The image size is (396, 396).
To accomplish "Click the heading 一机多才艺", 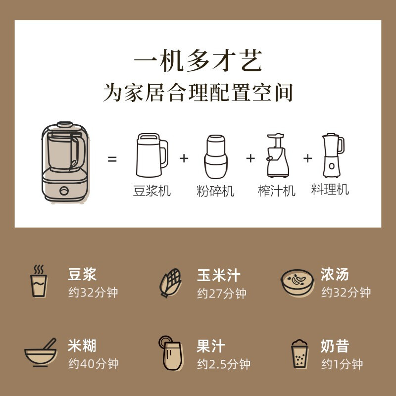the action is point(198,61).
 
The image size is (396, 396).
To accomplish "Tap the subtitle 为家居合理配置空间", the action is point(198,93).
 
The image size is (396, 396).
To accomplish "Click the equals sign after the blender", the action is point(112,159).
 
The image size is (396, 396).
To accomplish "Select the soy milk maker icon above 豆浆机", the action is point(152,155).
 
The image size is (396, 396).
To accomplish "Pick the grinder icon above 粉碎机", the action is point(216,156).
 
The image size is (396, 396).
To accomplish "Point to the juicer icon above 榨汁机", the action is point(278,155).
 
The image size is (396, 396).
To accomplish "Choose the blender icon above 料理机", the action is point(333,155).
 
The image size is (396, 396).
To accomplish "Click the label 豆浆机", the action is point(152,191).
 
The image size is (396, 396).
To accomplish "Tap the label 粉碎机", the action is point(215,191).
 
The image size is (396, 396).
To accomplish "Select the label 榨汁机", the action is point(277,191).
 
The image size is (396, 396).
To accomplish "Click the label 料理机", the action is point(330,190).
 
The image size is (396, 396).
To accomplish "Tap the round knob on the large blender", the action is point(64,191).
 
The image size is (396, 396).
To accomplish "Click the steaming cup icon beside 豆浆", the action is point(39,281).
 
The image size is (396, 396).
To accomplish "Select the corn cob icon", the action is point(170,283).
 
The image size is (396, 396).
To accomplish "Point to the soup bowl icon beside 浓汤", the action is point(297,282).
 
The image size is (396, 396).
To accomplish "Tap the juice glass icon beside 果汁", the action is point(171,353).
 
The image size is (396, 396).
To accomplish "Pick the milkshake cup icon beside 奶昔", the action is point(299,353).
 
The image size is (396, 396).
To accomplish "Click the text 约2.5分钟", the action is point(224,364).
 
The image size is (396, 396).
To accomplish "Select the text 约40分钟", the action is point(94,364).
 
